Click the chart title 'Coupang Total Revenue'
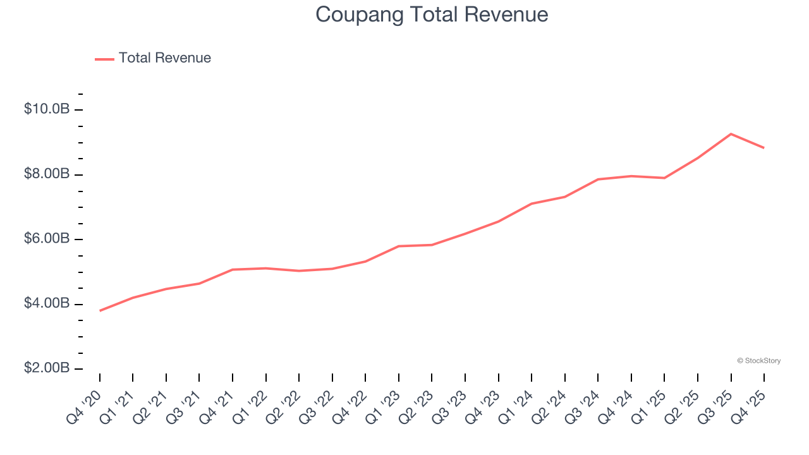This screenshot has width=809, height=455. (x=432, y=15)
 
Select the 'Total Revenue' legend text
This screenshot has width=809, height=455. (x=164, y=58)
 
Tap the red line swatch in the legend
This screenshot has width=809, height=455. (x=104, y=59)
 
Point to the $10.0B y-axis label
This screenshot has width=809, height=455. (x=47, y=109)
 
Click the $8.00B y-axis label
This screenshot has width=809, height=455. (x=47, y=174)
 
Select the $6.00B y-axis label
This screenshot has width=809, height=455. (x=47, y=239)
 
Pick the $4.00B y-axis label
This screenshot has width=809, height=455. (x=47, y=304)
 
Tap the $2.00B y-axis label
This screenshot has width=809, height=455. (x=47, y=368)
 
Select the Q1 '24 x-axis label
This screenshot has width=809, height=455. (x=517, y=399)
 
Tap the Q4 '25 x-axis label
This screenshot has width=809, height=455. (x=750, y=399)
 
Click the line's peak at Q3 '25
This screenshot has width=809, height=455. (x=731, y=134)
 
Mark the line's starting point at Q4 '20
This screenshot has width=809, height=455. (x=100, y=310)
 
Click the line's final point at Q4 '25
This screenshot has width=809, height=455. (x=764, y=148)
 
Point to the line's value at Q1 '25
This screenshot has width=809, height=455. (x=664, y=178)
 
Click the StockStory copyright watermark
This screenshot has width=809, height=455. (x=758, y=361)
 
